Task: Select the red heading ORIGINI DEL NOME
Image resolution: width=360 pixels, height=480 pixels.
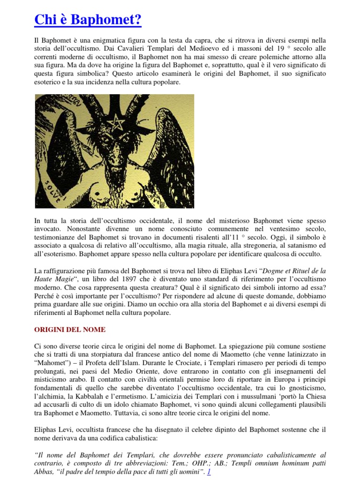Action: point(70,330)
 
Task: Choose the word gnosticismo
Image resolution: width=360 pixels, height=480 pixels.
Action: point(305,389)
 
